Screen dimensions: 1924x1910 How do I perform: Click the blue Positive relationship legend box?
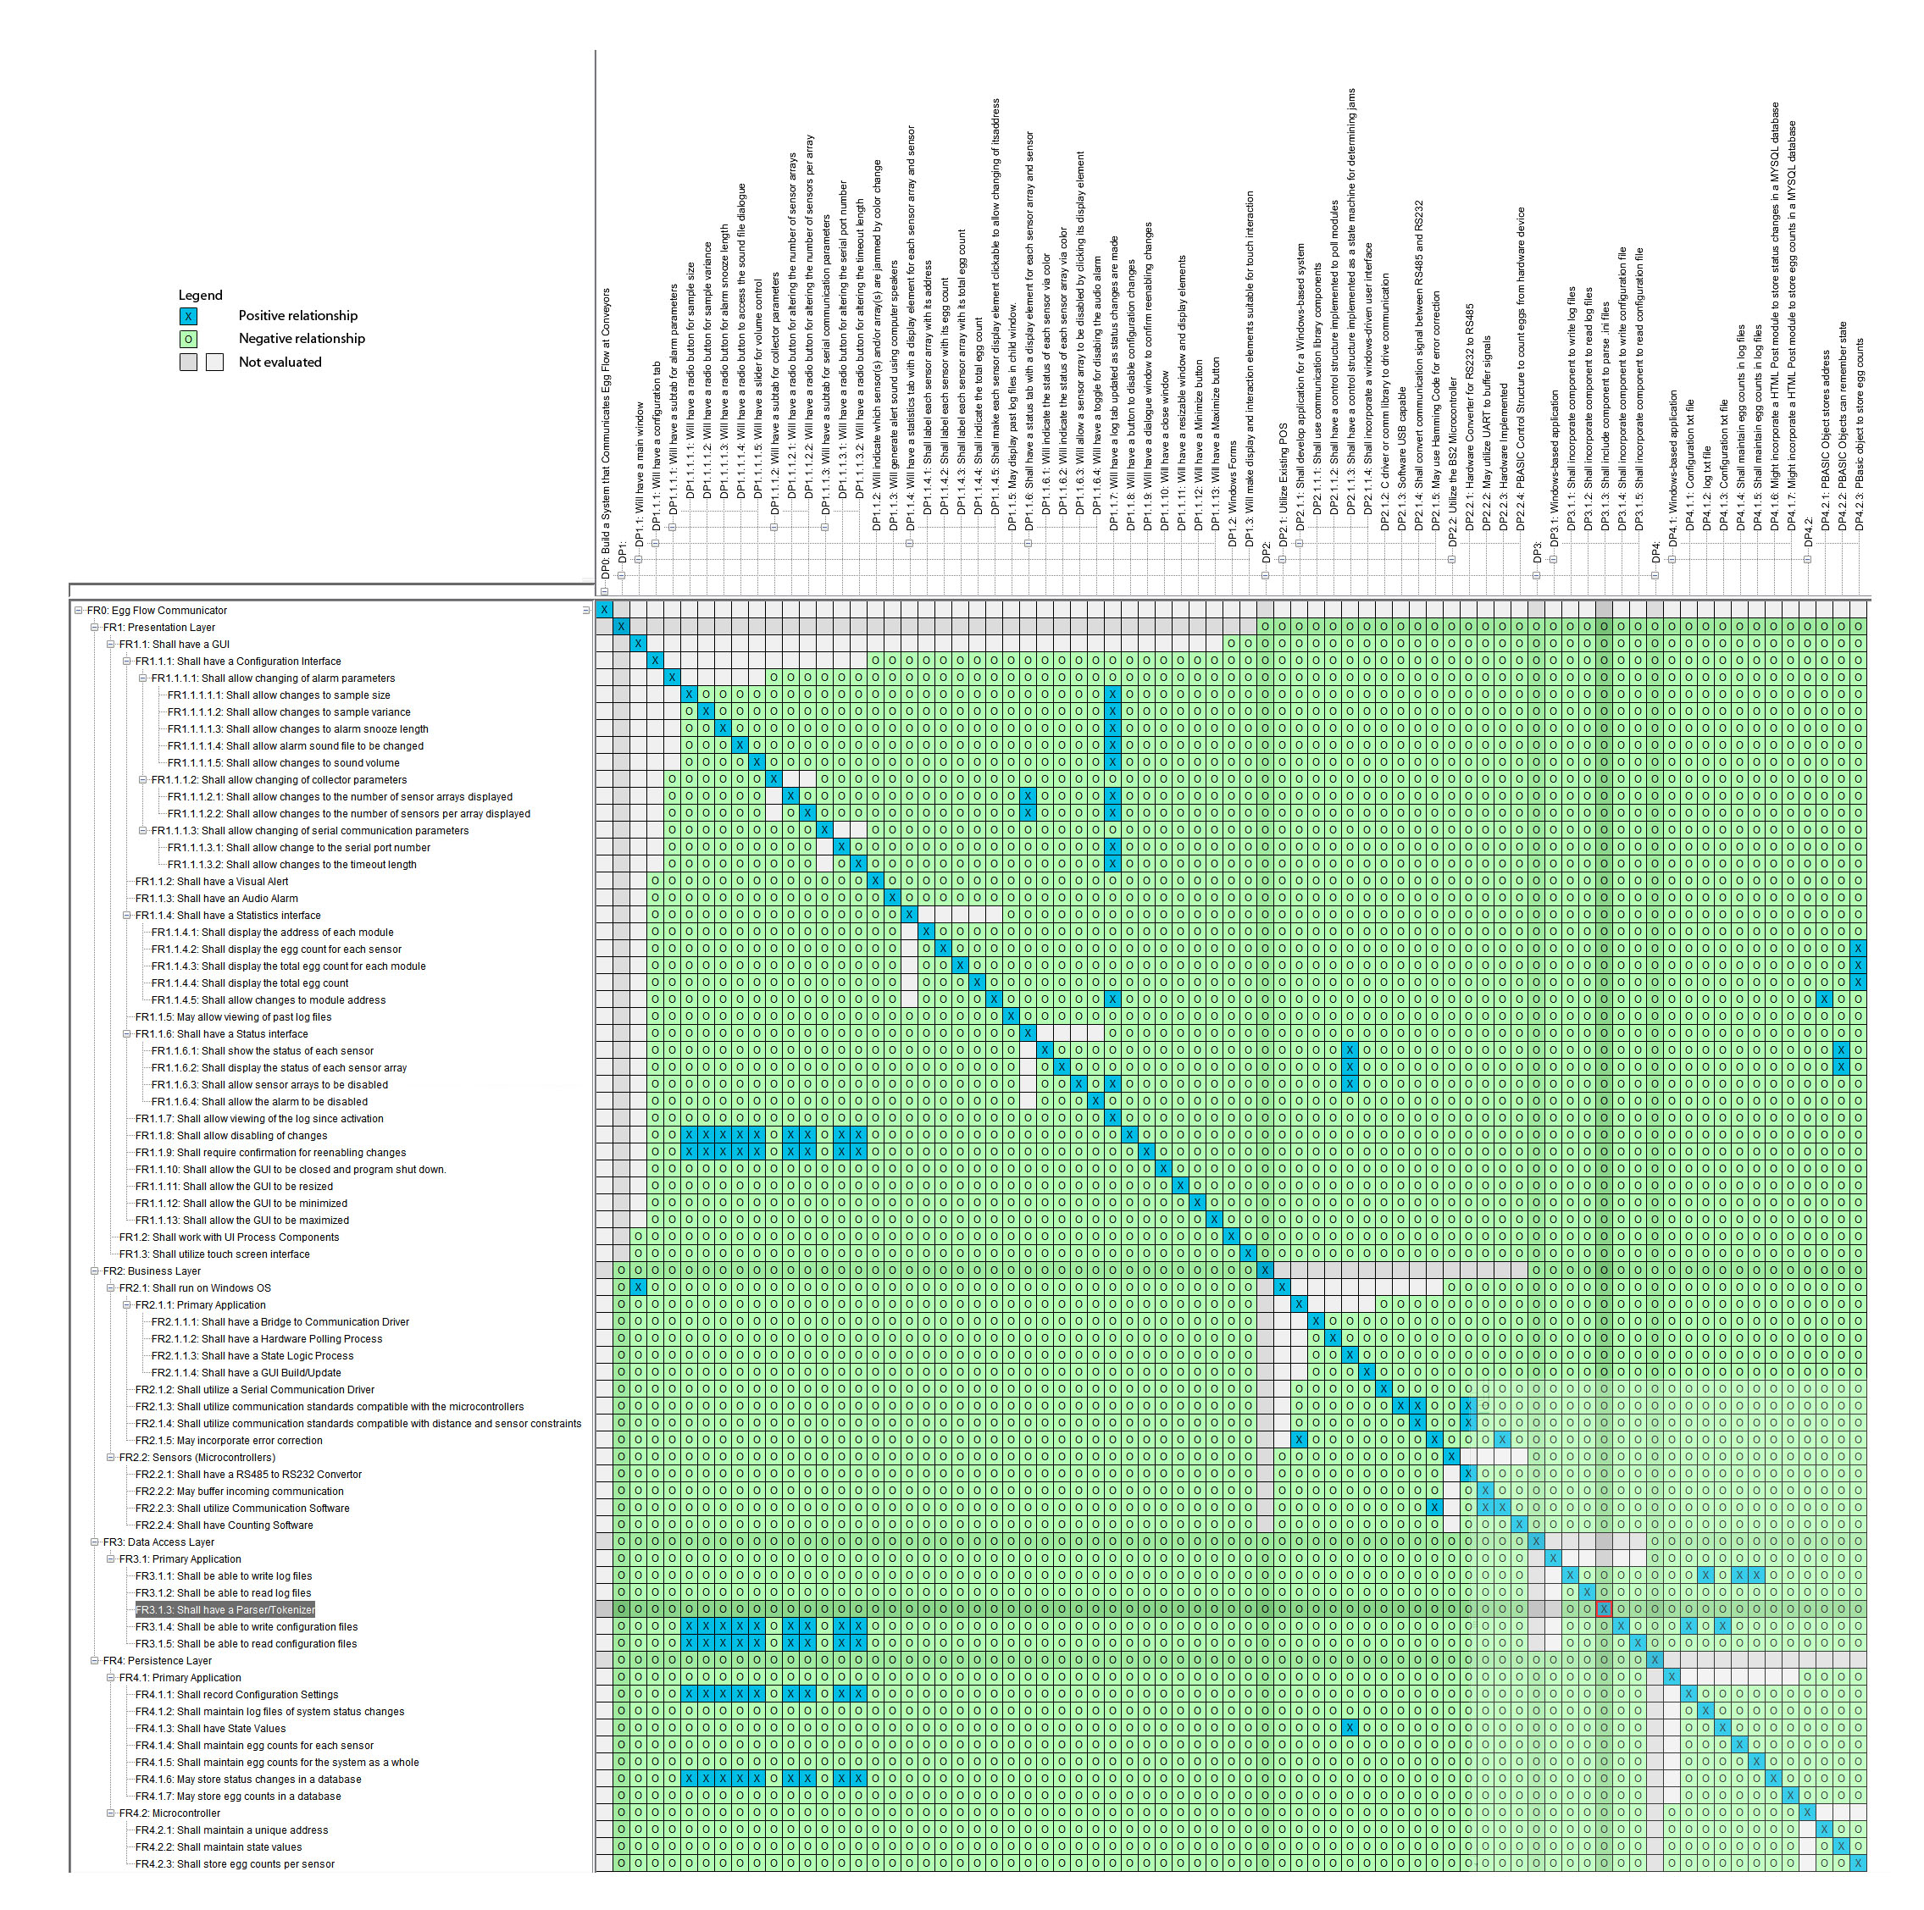(x=188, y=317)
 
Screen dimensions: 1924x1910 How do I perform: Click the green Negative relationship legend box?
(x=188, y=340)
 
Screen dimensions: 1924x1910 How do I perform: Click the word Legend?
(x=200, y=296)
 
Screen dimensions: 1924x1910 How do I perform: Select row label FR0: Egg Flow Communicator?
(x=157, y=612)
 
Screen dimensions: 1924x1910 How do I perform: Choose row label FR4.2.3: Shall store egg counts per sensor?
(x=235, y=1864)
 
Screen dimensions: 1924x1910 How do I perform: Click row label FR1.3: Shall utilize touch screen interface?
(x=214, y=1254)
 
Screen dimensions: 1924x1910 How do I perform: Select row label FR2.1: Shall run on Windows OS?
(x=195, y=1288)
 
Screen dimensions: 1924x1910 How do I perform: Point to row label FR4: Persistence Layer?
(x=158, y=1661)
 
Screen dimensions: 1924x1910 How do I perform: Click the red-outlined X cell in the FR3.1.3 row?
(x=1603, y=1610)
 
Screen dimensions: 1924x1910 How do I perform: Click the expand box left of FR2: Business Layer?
(x=96, y=1271)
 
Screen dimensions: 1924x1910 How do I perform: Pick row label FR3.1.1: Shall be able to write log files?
(x=223, y=1576)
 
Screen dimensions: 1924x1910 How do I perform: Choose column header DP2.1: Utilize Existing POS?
(x=1283, y=488)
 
